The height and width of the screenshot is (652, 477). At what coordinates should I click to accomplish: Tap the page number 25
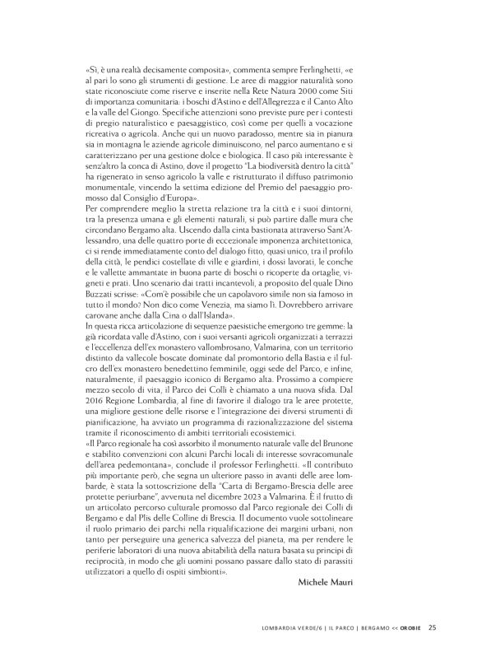click(x=432, y=628)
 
